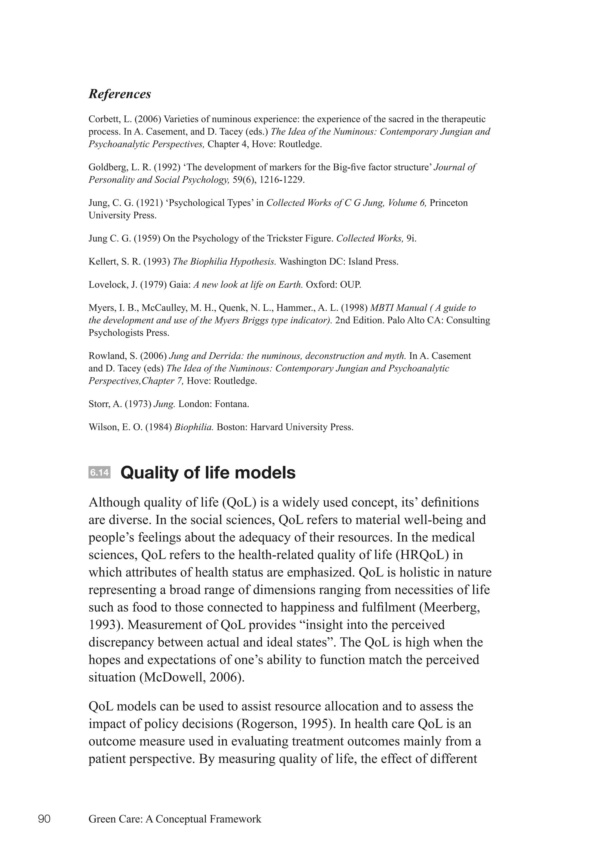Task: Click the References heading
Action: point(120,94)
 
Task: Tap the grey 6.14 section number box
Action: point(99,473)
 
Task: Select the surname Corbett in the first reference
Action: point(103,119)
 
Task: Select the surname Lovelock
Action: point(105,285)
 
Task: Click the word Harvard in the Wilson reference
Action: point(266,427)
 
